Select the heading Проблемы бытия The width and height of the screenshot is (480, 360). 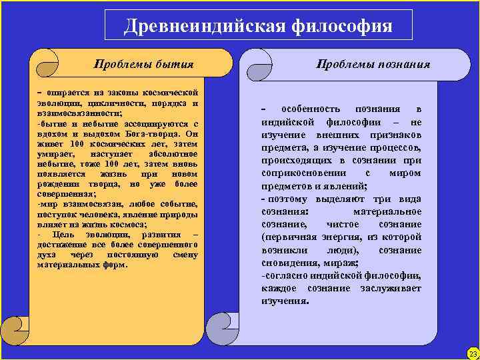click(143, 64)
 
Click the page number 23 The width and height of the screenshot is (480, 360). click(473, 353)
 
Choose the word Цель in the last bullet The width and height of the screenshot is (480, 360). click(68, 235)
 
